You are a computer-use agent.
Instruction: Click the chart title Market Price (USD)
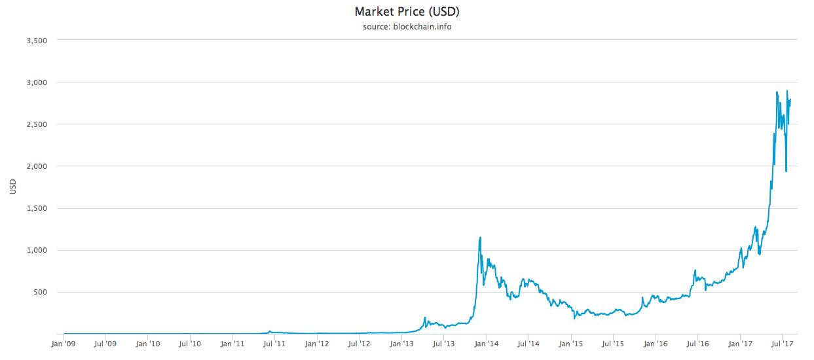[407, 12]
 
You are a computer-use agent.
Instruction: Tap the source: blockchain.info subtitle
[407, 27]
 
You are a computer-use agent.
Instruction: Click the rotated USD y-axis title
[13, 187]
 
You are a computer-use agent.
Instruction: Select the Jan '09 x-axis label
[64, 343]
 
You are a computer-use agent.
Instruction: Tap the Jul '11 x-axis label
[275, 343]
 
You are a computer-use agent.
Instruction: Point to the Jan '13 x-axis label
[401, 343]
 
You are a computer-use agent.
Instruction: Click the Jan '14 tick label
[486, 343]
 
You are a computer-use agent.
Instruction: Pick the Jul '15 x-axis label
[613, 343]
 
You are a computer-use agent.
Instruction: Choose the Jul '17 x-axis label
[782, 343]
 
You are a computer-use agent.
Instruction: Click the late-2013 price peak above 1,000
[481, 238]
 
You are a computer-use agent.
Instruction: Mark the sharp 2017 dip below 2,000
[786, 171]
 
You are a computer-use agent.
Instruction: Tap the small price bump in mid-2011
[270, 331]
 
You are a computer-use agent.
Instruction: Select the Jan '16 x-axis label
[655, 343]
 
